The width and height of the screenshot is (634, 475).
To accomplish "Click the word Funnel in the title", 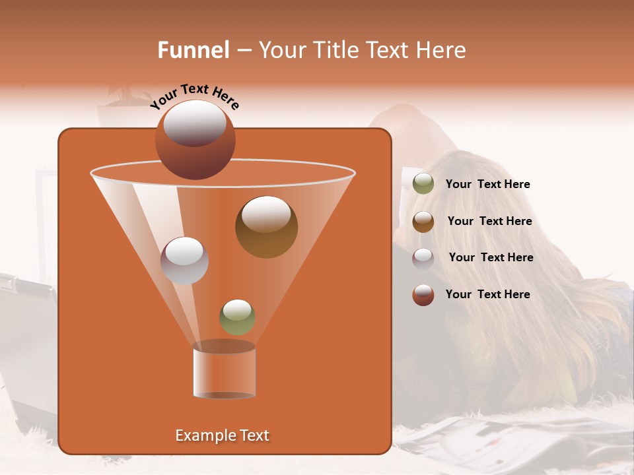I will click(193, 50).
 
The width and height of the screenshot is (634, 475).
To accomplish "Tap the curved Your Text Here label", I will click(195, 96).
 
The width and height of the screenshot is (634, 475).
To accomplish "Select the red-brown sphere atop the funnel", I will click(195, 139).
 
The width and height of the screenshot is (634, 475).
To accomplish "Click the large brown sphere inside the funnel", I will click(266, 226).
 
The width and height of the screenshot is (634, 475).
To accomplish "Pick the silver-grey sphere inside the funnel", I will click(184, 260).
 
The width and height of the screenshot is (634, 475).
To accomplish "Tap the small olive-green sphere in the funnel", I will click(237, 317).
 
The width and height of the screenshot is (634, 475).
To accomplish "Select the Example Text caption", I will click(222, 435).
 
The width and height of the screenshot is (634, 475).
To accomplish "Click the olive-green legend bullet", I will click(423, 184).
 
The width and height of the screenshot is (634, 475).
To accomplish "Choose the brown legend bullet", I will click(423, 221).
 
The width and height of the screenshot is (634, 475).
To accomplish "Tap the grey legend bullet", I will click(423, 258).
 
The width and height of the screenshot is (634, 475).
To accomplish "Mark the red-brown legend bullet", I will click(423, 295).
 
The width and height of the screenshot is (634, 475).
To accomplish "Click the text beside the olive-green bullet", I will click(487, 185).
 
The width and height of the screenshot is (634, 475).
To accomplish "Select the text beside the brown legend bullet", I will click(489, 222).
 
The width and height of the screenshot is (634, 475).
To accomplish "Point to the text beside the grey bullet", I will click(491, 258).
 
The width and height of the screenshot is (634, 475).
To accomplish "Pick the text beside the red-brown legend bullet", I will click(487, 295).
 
